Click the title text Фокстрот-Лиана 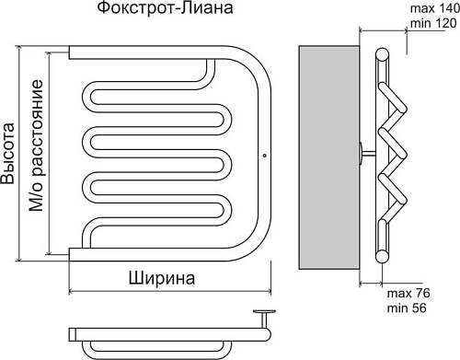(x=164, y=10)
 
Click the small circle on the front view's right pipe (x=265, y=155)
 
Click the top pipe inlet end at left (x=73, y=51)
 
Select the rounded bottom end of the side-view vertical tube (x=381, y=253)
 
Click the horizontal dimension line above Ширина (x=170, y=294)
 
